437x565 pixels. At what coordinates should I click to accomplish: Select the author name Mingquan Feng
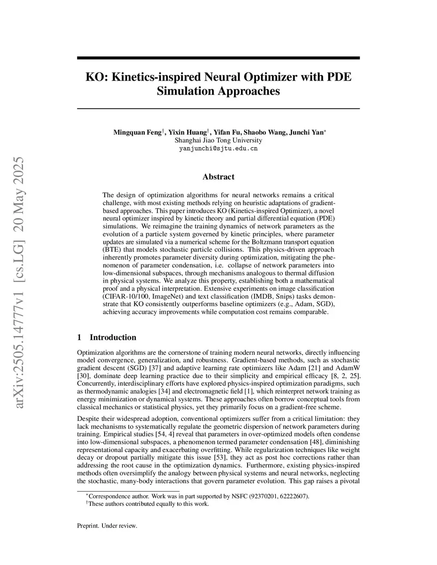[x=137, y=132]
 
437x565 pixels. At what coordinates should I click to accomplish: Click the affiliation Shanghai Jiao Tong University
[x=218, y=140]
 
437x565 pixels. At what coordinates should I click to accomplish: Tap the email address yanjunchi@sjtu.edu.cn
[x=218, y=148]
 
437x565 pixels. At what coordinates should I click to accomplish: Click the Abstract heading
[x=218, y=177]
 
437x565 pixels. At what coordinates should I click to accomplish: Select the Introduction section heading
[x=113, y=337]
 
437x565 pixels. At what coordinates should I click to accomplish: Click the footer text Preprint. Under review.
[x=107, y=526]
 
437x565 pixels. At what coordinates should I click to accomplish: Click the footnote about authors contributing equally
[x=148, y=504]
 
